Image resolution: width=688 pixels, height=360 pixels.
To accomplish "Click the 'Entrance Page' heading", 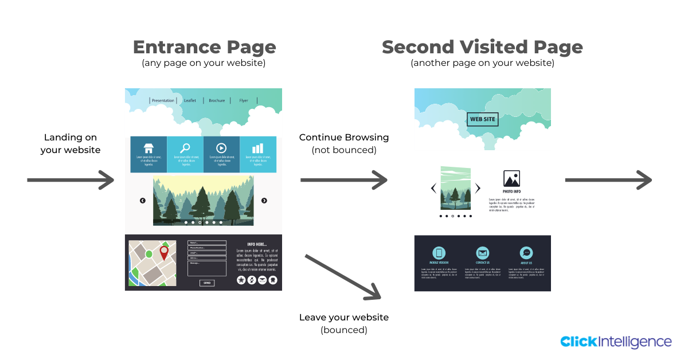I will coord(204,47).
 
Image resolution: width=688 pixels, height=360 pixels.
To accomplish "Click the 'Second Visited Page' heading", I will coord(482,47).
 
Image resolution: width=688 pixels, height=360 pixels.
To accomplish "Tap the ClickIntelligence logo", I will coord(616,342).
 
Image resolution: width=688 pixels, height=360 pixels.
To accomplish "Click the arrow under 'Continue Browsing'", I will coord(344,180).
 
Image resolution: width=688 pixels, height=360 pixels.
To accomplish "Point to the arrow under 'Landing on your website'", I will coord(71,180).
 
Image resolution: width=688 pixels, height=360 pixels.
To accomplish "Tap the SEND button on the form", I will coord(207,283).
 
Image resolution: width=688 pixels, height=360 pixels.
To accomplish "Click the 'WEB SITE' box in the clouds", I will coord(482,119).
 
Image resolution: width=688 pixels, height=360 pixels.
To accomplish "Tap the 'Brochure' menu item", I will coord(217,100).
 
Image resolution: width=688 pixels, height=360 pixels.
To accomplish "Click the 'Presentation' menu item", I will coord(163,100).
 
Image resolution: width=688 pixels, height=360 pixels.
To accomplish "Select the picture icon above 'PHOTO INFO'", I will coord(511,179).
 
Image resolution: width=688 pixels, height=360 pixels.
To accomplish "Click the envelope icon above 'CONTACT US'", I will coord(483,253).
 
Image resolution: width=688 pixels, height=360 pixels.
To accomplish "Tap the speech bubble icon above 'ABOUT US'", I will coord(526,253).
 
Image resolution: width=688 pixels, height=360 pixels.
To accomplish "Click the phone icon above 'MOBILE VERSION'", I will coord(439,253).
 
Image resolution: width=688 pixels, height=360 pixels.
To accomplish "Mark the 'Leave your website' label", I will coord(344,317).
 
